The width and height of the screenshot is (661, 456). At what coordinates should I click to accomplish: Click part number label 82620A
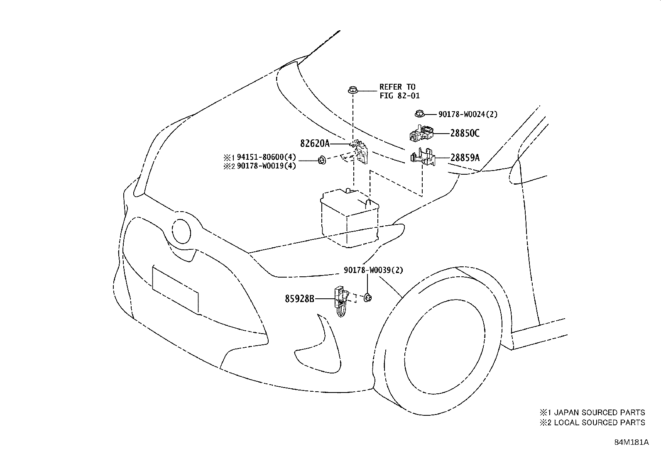click(x=315, y=144)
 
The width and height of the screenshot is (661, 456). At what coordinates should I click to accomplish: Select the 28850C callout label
click(x=465, y=133)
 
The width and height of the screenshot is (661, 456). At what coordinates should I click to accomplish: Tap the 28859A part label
click(x=465, y=158)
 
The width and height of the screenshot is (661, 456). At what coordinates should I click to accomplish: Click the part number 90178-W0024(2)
click(x=468, y=114)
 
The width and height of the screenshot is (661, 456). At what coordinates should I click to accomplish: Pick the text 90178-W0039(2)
click(x=373, y=270)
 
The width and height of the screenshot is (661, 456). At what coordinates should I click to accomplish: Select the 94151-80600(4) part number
click(x=266, y=157)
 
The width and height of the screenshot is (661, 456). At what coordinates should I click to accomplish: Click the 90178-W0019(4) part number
click(x=266, y=166)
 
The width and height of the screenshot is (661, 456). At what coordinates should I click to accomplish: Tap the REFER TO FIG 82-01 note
click(x=399, y=91)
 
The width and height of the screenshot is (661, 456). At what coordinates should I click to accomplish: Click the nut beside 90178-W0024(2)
click(x=419, y=113)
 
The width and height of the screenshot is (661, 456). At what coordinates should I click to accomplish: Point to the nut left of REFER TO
click(x=353, y=90)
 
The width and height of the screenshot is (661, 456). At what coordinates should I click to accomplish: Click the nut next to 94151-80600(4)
click(x=321, y=160)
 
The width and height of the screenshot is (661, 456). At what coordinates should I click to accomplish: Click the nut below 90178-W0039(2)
click(x=367, y=297)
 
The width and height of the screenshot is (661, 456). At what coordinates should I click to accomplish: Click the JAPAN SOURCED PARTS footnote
click(x=592, y=412)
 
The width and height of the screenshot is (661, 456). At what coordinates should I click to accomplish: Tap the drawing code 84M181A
click(x=632, y=442)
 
